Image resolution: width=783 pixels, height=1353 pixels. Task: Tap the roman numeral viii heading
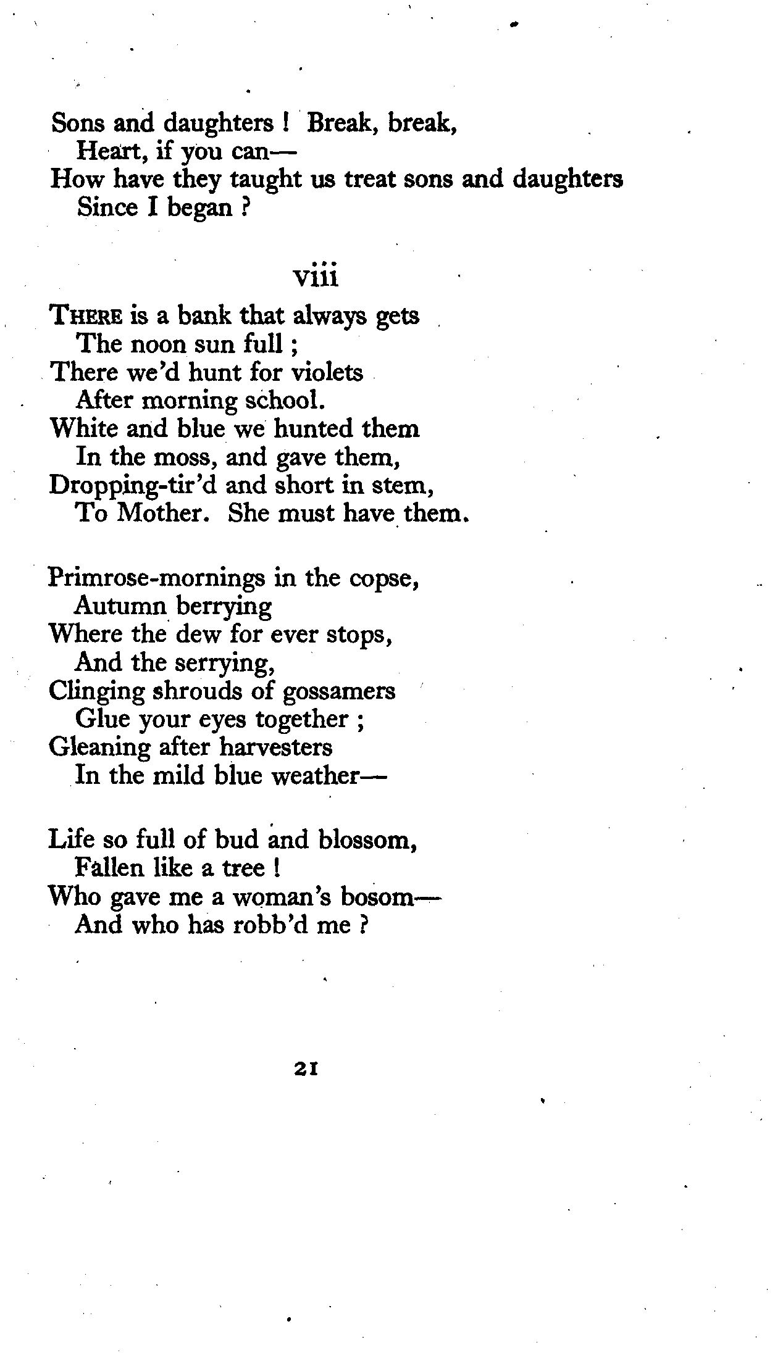point(316,278)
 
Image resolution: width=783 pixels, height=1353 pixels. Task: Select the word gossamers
point(338,691)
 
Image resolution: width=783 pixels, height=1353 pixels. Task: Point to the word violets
point(327,372)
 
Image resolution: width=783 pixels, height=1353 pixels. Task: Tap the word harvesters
point(276,747)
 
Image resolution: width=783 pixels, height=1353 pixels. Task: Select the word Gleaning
point(99,747)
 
